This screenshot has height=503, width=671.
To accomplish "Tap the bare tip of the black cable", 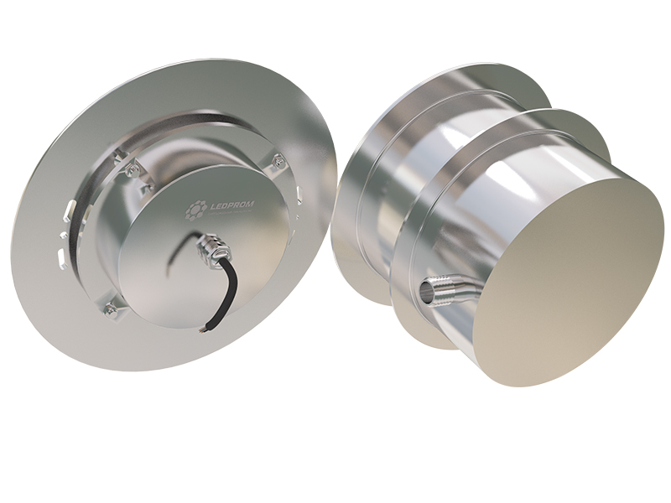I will click(202, 329).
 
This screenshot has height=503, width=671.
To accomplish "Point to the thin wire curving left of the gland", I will click(178, 251).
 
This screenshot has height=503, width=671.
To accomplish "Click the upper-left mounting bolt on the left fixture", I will click(131, 170).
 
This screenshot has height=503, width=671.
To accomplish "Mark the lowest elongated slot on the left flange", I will click(60, 255).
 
